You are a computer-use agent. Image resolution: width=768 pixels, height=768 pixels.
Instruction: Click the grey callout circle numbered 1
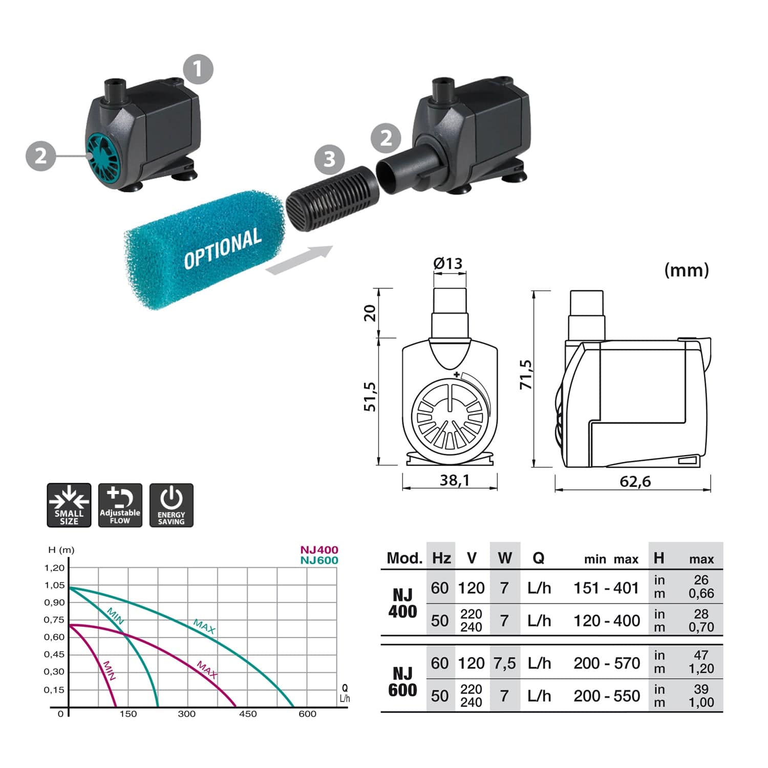click(198, 69)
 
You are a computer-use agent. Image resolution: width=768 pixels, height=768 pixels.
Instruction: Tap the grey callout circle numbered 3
click(329, 159)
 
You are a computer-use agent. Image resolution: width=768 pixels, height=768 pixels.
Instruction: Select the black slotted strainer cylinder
click(332, 198)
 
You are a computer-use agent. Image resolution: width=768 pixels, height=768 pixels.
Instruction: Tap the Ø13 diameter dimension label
click(448, 263)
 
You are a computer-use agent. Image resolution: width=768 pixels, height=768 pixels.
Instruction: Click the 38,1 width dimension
click(455, 480)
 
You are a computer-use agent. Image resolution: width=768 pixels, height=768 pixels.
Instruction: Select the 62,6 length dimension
click(635, 481)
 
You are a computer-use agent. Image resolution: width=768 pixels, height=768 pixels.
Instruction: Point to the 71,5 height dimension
click(526, 374)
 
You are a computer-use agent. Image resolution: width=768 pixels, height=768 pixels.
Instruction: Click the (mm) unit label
click(686, 270)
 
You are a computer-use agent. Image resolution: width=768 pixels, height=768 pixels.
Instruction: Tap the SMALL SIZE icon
click(69, 505)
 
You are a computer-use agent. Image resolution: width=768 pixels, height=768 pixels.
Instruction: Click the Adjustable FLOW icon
click(120, 505)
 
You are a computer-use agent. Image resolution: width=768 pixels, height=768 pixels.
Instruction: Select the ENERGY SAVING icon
click(172, 505)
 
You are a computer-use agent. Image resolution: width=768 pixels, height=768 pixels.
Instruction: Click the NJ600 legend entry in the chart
click(319, 560)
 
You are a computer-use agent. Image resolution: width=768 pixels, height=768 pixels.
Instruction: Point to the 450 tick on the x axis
click(248, 714)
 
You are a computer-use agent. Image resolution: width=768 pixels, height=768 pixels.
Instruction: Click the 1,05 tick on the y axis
click(55, 585)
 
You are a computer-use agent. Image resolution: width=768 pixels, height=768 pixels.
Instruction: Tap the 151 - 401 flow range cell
click(606, 588)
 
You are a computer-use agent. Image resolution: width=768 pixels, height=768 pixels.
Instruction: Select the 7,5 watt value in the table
click(504, 663)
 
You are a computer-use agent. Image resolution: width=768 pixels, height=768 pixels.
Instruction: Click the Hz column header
click(441, 558)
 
